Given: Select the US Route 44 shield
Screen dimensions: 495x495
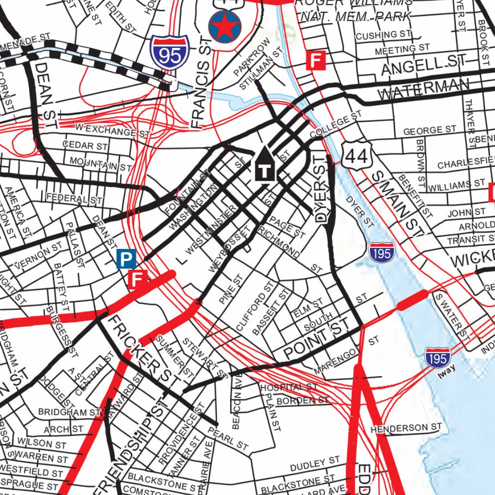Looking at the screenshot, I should click(358, 155).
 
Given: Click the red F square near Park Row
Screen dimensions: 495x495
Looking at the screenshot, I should click(315, 61).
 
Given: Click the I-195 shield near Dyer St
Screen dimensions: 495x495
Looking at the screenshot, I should click(382, 252).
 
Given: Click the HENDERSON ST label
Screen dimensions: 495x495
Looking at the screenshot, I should click(406, 428).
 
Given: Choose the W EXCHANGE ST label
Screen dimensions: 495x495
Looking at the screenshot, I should click(112, 130).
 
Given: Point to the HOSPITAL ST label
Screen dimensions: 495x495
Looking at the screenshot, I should click(289, 387).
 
